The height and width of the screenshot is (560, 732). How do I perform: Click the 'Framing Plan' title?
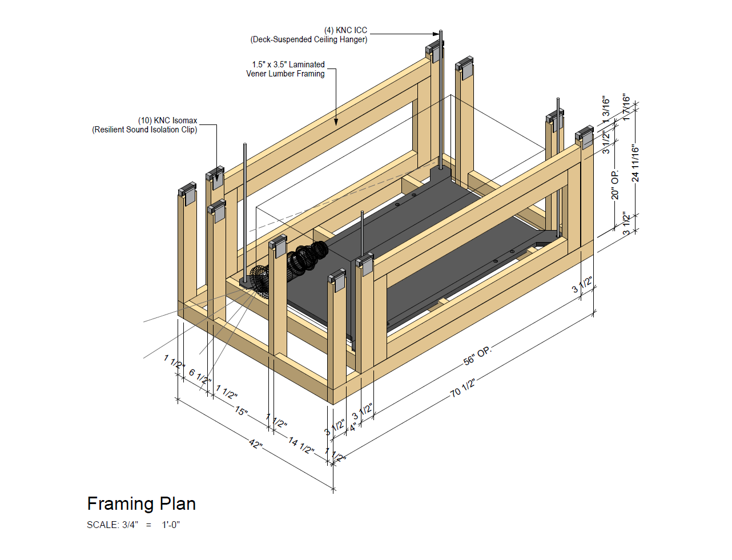[141, 503]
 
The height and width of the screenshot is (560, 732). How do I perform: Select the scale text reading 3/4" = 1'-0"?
[133, 525]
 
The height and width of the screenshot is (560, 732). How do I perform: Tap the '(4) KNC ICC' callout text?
[345, 30]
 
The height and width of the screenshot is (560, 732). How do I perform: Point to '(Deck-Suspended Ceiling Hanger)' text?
[309, 39]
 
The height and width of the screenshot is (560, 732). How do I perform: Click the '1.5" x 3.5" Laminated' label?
[288, 65]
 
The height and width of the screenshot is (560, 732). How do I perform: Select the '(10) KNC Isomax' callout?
[167, 120]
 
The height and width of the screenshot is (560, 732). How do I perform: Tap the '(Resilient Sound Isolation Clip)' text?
[144, 130]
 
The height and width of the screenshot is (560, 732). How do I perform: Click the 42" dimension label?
[256, 444]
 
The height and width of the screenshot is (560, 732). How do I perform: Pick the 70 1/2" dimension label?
[462, 388]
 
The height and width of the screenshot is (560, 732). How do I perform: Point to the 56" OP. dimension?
[477, 356]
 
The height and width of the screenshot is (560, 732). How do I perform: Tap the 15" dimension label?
[242, 410]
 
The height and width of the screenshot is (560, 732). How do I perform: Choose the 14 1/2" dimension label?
[301, 445]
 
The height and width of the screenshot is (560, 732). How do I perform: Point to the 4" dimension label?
[354, 426]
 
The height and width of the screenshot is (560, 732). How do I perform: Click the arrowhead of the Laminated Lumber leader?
[336, 122]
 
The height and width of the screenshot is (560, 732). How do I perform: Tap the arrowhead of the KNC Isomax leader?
[216, 178]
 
